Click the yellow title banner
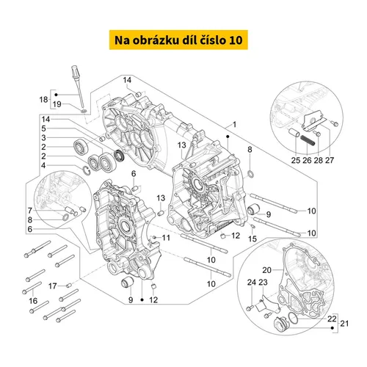click(x=178, y=40)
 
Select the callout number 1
click(x=234, y=125)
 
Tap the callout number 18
click(x=43, y=100)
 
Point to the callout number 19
click(x=57, y=104)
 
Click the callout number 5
click(x=43, y=128)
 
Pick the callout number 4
click(x=43, y=166)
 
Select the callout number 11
click(x=166, y=238)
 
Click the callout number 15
click(x=252, y=239)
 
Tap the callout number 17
click(x=52, y=286)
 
